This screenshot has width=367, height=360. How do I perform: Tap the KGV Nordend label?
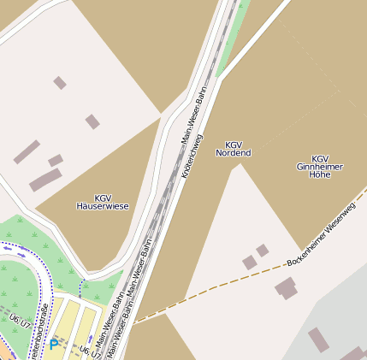click(x=233, y=149)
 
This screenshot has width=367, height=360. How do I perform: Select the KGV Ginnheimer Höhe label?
click(x=319, y=166)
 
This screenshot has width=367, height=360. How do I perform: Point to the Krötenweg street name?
click(x=192, y=155)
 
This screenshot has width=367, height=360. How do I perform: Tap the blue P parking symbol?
click(x=54, y=345)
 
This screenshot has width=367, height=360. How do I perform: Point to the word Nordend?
click(x=233, y=153)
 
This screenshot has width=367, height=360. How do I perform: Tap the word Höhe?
click(x=319, y=174)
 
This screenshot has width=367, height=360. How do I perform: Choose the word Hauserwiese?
click(x=102, y=206)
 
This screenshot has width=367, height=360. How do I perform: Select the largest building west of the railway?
click(x=45, y=180)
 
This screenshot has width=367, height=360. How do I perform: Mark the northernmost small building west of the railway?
click(x=60, y=83)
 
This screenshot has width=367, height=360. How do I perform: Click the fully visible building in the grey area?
click(x=318, y=339)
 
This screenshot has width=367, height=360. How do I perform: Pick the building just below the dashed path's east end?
click(x=286, y=288)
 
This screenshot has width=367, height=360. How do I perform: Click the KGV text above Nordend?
click(x=233, y=145)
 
